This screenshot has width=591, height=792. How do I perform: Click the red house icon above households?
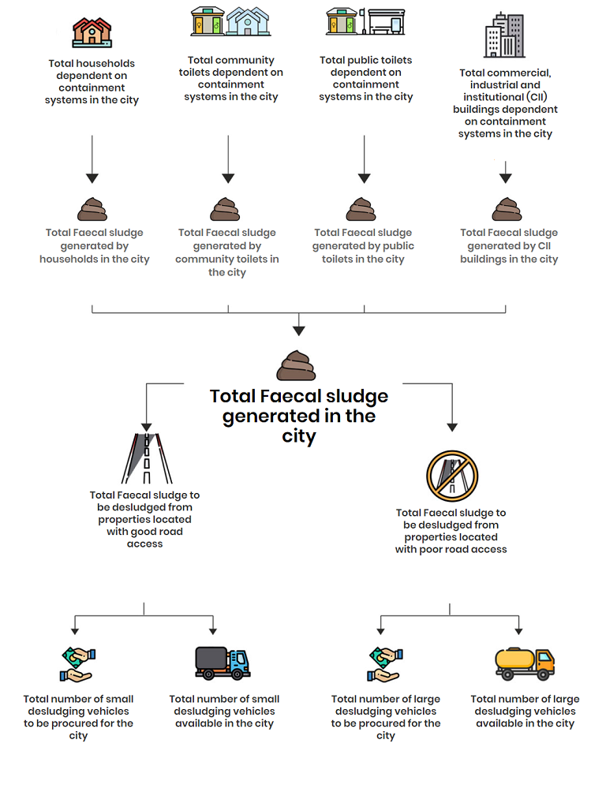click(x=92, y=32)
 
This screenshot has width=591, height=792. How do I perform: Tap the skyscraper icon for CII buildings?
click(x=504, y=35)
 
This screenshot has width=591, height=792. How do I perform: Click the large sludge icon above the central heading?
click(x=296, y=365)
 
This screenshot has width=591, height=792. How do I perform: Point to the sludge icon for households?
click(x=92, y=209)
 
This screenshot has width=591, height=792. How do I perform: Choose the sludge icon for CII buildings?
click(x=507, y=209)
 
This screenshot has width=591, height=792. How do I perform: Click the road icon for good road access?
click(x=147, y=458)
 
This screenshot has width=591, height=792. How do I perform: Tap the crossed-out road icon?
click(x=452, y=476)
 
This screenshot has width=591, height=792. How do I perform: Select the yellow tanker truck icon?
click(x=525, y=663)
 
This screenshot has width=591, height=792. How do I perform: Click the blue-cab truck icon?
click(x=223, y=663)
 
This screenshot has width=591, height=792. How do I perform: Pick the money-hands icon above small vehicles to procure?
click(x=78, y=665)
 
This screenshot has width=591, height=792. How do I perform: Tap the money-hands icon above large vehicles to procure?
click(x=385, y=665)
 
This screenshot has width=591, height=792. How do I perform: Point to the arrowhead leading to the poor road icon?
click(x=452, y=428)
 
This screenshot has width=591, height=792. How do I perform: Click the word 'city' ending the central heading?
click(x=299, y=436)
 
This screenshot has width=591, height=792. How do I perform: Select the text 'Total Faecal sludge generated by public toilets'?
click(x=363, y=246)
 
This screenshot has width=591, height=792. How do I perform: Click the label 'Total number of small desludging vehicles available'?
click(x=224, y=712)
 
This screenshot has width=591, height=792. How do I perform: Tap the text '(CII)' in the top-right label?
click(x=537, y=97)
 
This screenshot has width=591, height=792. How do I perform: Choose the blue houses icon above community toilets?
click(x=248, y=21)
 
